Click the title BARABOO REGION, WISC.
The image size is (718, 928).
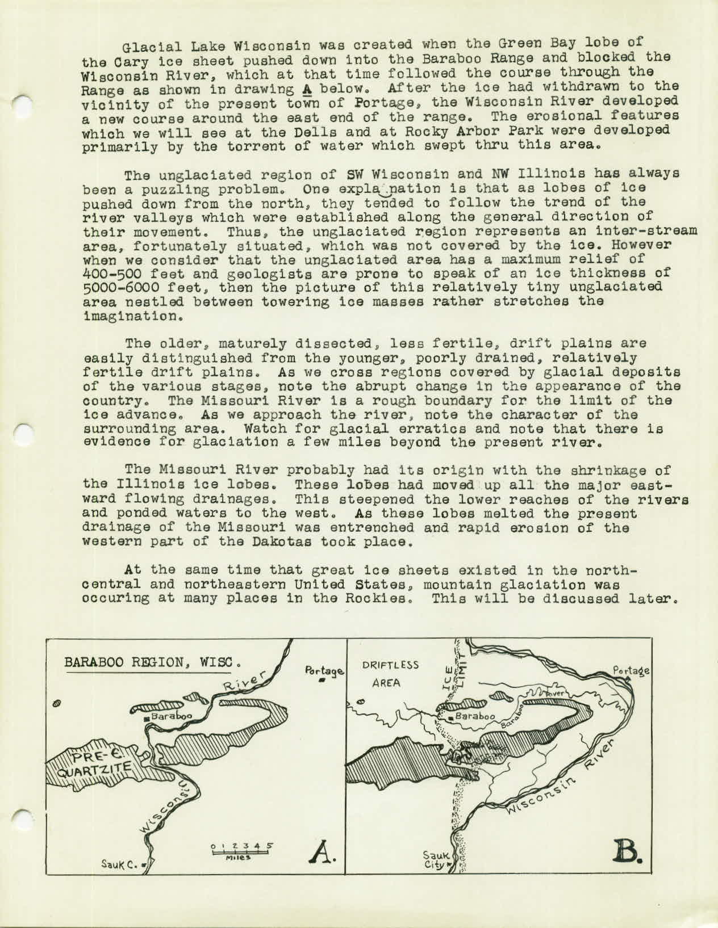pos(153,663)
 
